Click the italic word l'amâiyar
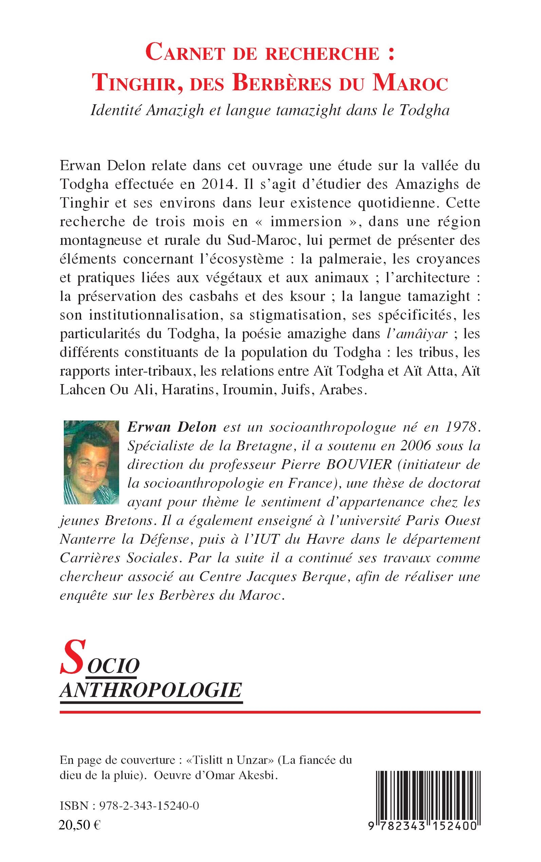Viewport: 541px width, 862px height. point(417,334)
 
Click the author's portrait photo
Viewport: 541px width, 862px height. point(91,462)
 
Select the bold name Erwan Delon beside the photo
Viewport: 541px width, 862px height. point(172,427)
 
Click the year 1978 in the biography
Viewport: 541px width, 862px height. point(462,427)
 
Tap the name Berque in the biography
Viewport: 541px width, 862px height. point(324,577)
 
